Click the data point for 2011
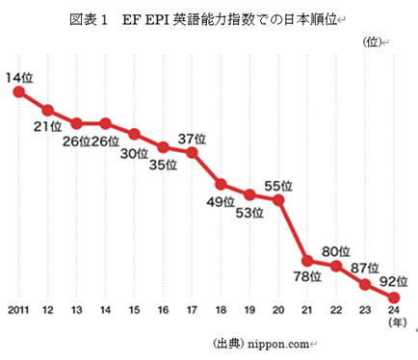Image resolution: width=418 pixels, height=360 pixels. coord(17,91)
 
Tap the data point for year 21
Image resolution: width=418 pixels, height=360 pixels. coord(307,261)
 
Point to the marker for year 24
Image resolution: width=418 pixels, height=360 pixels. coord(394,297)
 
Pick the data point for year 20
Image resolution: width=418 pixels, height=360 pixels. coord(278,200)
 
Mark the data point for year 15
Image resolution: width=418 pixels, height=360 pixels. coord(134,134)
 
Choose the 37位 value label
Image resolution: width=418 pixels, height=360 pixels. coord(192,137)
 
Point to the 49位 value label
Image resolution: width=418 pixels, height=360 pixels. coord(221,201)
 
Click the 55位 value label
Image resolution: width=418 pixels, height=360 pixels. coord(278,184)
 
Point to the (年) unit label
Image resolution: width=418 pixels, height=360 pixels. coord(394,324)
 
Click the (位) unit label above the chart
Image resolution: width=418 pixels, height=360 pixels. coord(372,41)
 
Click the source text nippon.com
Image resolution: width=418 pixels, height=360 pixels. coord(279,344)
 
